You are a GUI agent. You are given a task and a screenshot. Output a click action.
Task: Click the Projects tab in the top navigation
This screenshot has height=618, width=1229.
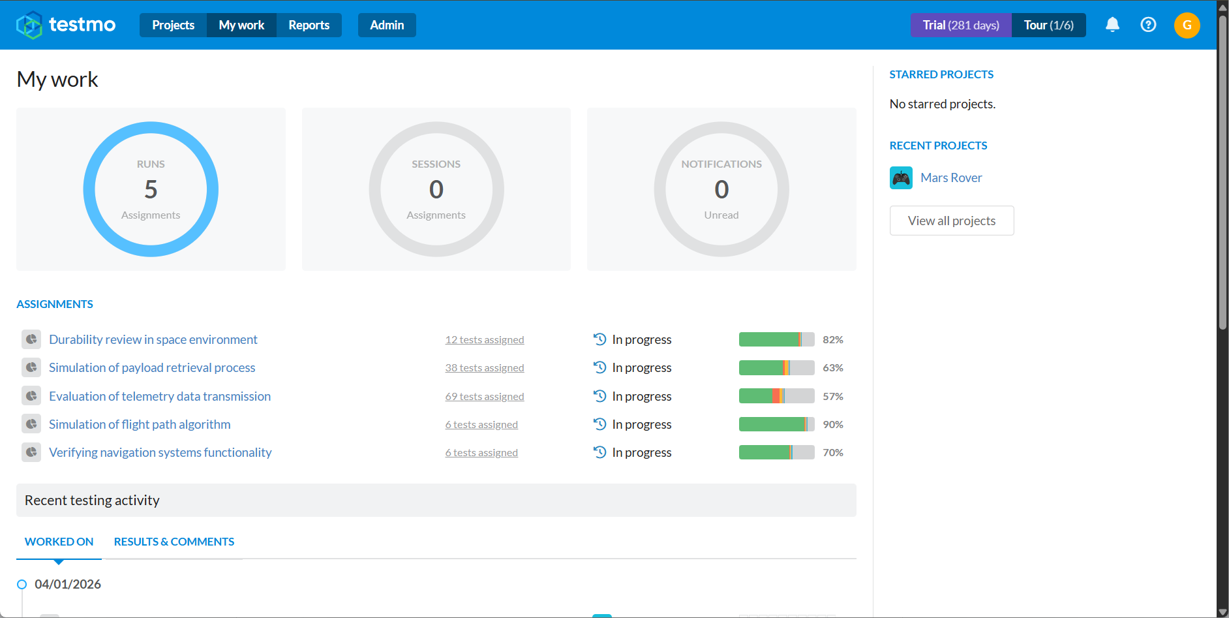tap(173, 25)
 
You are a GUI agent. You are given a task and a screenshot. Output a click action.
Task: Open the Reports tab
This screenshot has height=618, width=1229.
tap(309, 25)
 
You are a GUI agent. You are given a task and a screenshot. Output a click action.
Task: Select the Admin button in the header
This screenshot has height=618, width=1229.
tap(387, 25)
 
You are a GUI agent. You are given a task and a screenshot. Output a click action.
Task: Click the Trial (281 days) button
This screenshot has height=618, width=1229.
tap(961, 25)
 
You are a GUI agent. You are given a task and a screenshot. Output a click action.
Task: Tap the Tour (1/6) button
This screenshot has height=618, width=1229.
tap(1049, 25)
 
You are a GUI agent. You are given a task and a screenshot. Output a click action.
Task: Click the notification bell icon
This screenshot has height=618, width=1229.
tap(1112, 25)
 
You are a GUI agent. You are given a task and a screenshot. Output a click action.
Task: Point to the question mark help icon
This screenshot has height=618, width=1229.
tap(1148, 25)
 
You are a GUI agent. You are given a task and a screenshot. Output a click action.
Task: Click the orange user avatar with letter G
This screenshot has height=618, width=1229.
tap(1187, 25)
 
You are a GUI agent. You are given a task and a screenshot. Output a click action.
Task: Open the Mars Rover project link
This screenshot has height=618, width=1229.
tap(951, 178)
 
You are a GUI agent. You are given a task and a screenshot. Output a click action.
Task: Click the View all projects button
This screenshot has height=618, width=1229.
tap(952, 221)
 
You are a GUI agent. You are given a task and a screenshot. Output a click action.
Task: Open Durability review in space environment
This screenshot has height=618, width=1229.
tap(153, 339)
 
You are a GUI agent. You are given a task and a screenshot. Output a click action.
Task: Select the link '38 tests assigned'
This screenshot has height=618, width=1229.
tap(485, 368)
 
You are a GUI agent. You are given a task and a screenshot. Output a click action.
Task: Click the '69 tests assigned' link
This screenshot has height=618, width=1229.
tap(485, 396)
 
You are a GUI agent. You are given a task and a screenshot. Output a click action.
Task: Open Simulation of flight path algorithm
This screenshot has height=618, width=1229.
tap(140, 424)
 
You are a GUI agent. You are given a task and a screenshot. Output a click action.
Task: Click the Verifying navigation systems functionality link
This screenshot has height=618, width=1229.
tap(160, 452)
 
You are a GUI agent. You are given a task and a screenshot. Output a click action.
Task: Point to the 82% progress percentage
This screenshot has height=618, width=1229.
tap(833, 339)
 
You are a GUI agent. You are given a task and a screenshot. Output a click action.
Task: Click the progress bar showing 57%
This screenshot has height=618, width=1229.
tap(777, 396)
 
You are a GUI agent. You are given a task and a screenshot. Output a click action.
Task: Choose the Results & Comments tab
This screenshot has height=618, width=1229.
tap(174, 542)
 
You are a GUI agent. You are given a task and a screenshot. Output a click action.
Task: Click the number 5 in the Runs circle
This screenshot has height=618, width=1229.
tap(151, 189)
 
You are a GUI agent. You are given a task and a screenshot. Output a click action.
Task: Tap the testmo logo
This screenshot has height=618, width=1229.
tap(66, 25)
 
